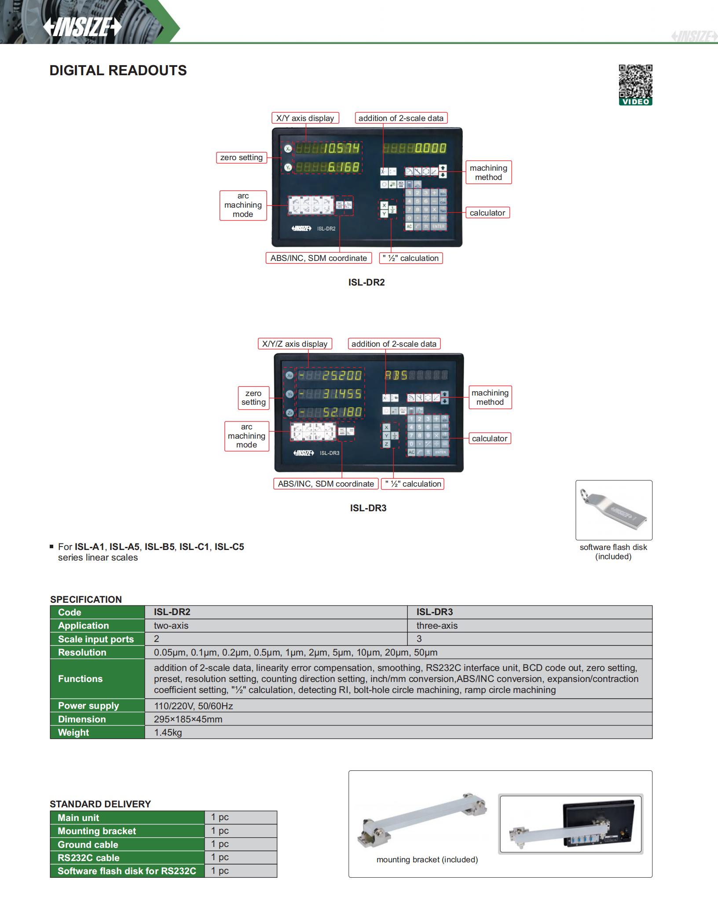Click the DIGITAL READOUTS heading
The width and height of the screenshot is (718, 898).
pos(118,70)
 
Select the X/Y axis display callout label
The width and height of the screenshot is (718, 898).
pos(305,118)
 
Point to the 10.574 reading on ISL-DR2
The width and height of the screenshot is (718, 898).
pos(341,148)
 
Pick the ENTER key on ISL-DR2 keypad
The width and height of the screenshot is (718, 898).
pos(438,227)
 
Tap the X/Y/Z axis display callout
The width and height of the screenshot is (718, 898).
pos(295,344)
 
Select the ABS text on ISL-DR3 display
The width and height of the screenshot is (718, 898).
pos(396,375)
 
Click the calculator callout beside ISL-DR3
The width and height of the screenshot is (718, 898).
pos(489,438)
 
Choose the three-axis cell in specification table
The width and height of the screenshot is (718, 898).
pos(437,626)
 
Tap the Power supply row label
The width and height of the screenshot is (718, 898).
pos(88,706)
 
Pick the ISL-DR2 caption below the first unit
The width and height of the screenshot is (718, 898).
pos(366,282)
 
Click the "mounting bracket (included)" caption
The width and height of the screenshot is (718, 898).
pos(427,859)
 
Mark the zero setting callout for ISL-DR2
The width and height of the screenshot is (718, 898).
pos(241,158)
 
